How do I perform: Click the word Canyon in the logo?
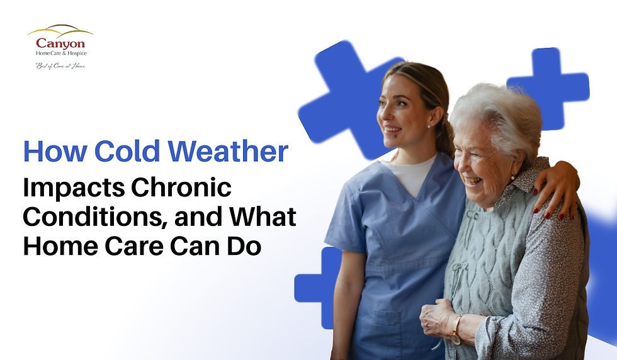[x=60, y=43]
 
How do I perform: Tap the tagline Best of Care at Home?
[x=60, y=65]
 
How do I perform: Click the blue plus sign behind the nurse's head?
[x=343, y=94]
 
